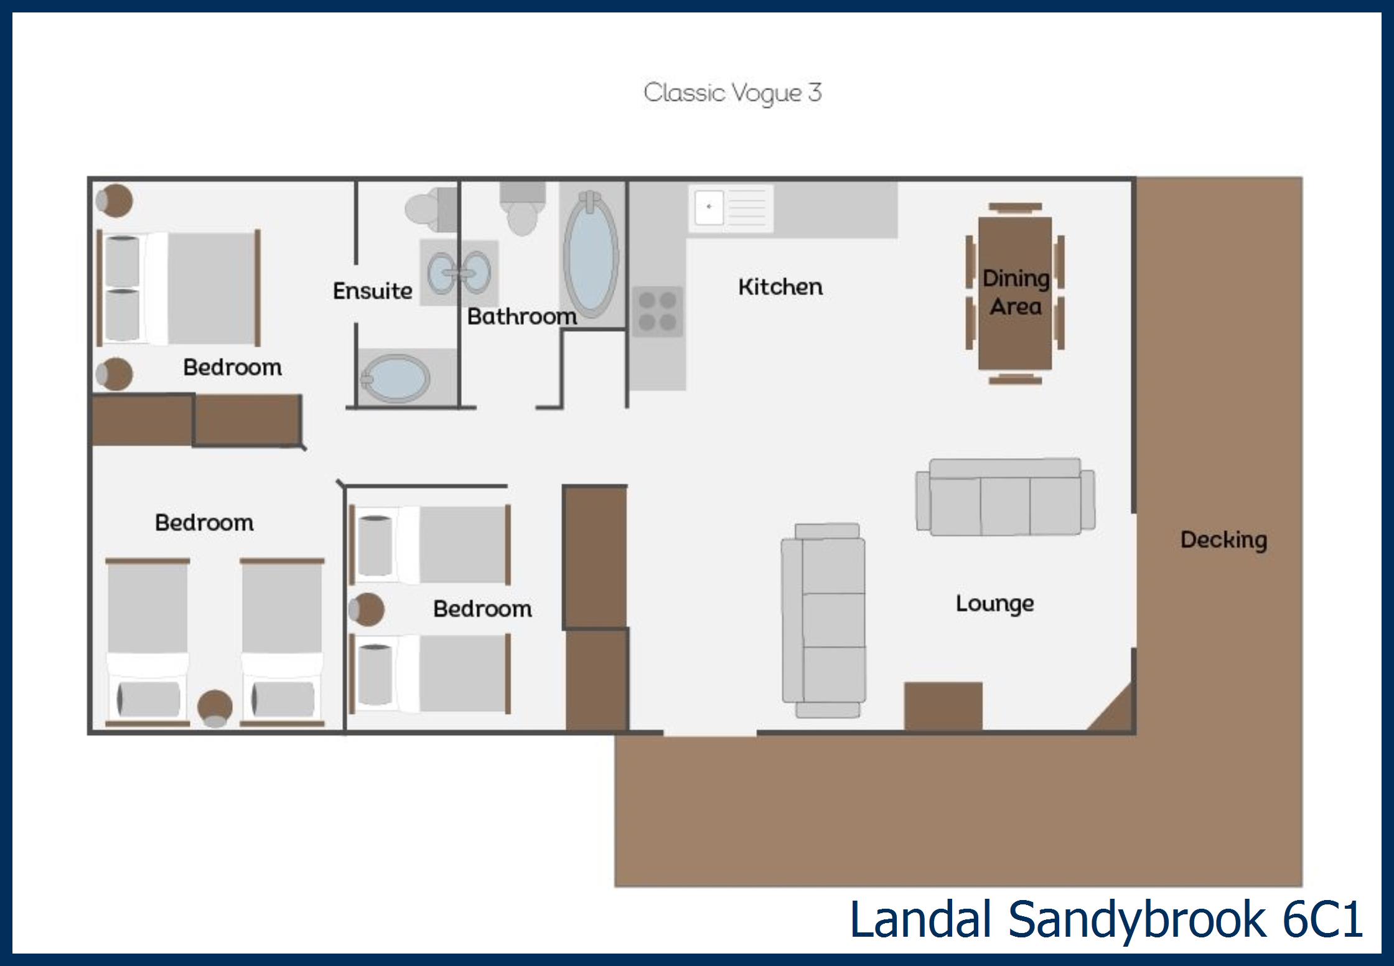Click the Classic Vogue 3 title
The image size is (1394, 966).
[x=732, y=93]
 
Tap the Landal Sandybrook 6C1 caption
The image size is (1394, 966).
[x=1106, y=919]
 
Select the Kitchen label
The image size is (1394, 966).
[x=780, y=287]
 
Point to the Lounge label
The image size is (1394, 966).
[x=994, y=604]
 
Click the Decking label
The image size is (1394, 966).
[x=1223, y=540]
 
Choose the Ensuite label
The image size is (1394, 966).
[x=372, y=291]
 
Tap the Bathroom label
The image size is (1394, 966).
[x=522, y=316]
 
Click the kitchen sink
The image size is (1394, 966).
[x=731, y=208]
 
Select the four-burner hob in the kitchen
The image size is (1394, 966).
[x=658, y=311]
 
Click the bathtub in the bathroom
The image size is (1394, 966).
[x=591, y=255]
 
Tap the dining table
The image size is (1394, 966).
[x=1015, y=293]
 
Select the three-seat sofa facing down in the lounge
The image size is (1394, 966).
[x=1005, y=497]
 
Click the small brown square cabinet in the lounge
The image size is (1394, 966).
[x=943, y=706]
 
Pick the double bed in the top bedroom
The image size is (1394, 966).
[x=179, y=288]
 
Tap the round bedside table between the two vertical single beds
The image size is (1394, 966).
[x=215, y=708]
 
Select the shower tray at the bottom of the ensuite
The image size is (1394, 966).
[x=395, y=377]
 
